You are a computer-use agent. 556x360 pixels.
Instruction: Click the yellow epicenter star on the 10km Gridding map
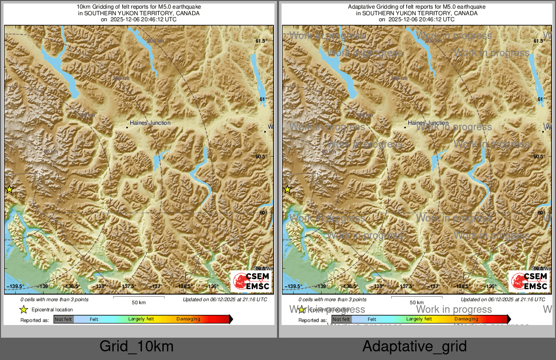pyautogui.click(x=9, y=190)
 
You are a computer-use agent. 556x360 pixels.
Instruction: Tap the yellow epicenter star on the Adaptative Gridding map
pyautogui.click(x=287, y=190)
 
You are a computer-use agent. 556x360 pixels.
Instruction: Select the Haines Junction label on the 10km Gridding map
pyautogui.click(x=150, y=123)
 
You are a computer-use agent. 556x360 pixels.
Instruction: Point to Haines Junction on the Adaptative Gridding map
pyautogui.click(x=428, y=123)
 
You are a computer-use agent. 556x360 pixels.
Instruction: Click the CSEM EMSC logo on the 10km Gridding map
pyautogui.click(x=251, y=281)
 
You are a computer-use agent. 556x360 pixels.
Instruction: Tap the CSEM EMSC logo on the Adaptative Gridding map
pyautogui.click(x=529, y=281)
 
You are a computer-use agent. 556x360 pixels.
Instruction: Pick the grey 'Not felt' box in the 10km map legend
pyautogui.click(x=63, y=319)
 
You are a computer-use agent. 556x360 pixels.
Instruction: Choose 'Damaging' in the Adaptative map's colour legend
pyautogui.click(x=466, y=319)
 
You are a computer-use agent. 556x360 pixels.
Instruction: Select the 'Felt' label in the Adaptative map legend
pyautogui.click(x=372, y=319)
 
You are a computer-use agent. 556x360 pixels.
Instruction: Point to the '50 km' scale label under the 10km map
pyautogui.click(x=139, y=303)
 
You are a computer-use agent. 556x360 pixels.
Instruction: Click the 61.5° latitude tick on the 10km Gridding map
pyautogui.click(x=261, y=41)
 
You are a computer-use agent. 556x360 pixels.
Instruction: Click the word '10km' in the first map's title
pyautogui.click(x=84, y=7)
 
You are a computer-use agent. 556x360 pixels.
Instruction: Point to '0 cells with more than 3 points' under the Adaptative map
pyautogui.click(x=332, y=300)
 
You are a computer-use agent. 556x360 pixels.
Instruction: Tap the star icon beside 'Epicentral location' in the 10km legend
pyautogui.click(x=23, y=309)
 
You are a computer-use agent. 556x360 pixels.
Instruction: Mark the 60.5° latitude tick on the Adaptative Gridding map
pyautogui.click(x=539, y=157)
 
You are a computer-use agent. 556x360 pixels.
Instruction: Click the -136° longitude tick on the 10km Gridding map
pyautogui.click(x=213, y=286)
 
